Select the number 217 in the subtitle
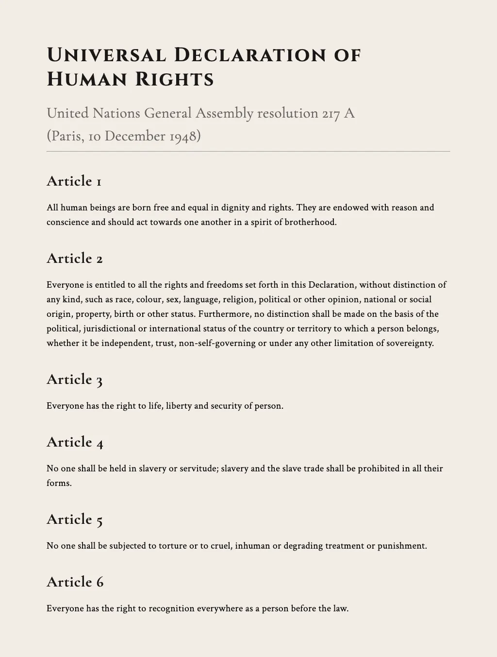(331, 113)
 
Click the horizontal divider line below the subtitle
(248, 152)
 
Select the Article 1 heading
(74, 181)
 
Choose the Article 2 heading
(74, 259)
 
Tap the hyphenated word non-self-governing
(216, 343)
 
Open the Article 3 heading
(74, 380)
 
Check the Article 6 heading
(75, 582)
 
